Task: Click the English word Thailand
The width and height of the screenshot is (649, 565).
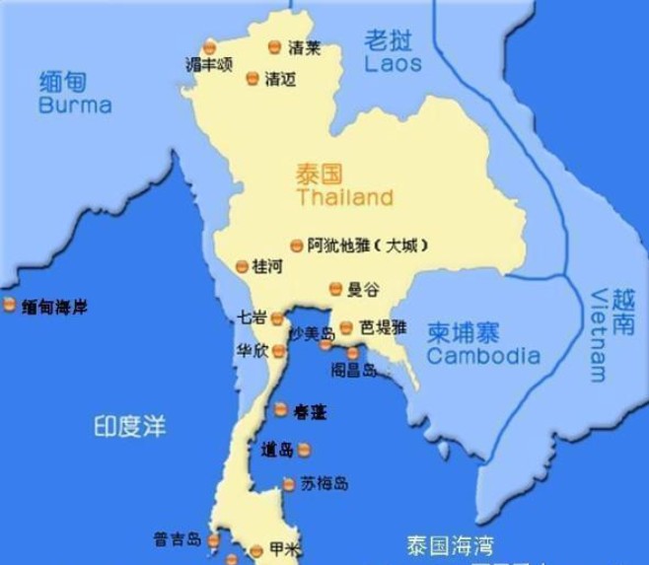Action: point(343,198)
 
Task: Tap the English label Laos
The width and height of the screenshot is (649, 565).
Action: point(393,64)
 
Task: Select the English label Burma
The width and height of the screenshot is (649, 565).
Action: point(75,106)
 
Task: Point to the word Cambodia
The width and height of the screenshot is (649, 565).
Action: point(483,356)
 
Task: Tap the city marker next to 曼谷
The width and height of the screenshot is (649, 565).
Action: point(335,289)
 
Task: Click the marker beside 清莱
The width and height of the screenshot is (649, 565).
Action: point(275,46)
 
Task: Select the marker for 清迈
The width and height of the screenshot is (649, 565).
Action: point(252,78)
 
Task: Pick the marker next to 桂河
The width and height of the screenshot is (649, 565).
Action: point(242,266)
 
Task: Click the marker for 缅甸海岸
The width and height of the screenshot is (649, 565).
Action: point(10,306)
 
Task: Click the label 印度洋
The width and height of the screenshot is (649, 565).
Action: point(129,426)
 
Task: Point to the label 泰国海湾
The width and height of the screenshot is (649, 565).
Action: point(450,543)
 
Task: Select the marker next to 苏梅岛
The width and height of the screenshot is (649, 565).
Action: point(289,484)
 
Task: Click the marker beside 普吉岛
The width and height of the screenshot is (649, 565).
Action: point(211,539)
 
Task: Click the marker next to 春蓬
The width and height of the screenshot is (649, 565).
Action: point(281,409)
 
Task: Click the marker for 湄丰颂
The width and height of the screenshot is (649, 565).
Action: point(209,47)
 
